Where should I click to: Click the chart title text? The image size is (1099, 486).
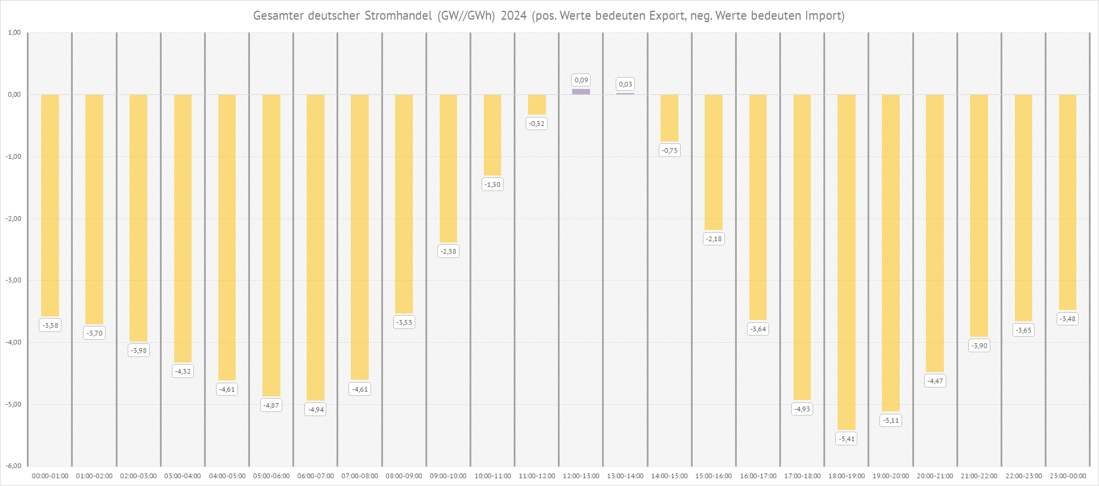(x=548, y=16)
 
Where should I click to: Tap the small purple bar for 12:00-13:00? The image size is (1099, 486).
(x=581, y=91)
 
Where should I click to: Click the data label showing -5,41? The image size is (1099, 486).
(x=847, y=439)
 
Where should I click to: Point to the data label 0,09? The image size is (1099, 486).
(x=581, y=80)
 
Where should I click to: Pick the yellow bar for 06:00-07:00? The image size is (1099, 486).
(x=316, y=247)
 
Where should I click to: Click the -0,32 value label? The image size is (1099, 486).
(x=537, y=124)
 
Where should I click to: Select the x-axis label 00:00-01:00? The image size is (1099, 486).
(x=50, y=476)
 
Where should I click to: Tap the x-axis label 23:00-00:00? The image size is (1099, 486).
(x=1068, y=476)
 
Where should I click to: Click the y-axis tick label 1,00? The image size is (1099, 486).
(x=14, y=32)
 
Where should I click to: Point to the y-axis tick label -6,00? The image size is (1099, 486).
(x=14, y=466)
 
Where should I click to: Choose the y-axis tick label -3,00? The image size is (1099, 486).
(x=14, y=280)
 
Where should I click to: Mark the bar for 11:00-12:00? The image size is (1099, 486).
(x=537, y=104)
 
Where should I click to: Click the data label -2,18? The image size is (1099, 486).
(x=714, y=239)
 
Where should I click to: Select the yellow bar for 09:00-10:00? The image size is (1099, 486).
(x=448, y=168)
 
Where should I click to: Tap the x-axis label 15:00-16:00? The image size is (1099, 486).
(x=714, y=476)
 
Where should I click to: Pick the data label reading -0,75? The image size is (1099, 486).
(x=669, y=150)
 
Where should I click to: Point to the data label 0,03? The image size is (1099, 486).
(x=625, y=84)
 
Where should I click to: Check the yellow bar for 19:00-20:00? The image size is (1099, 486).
(x=890, y=253)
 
